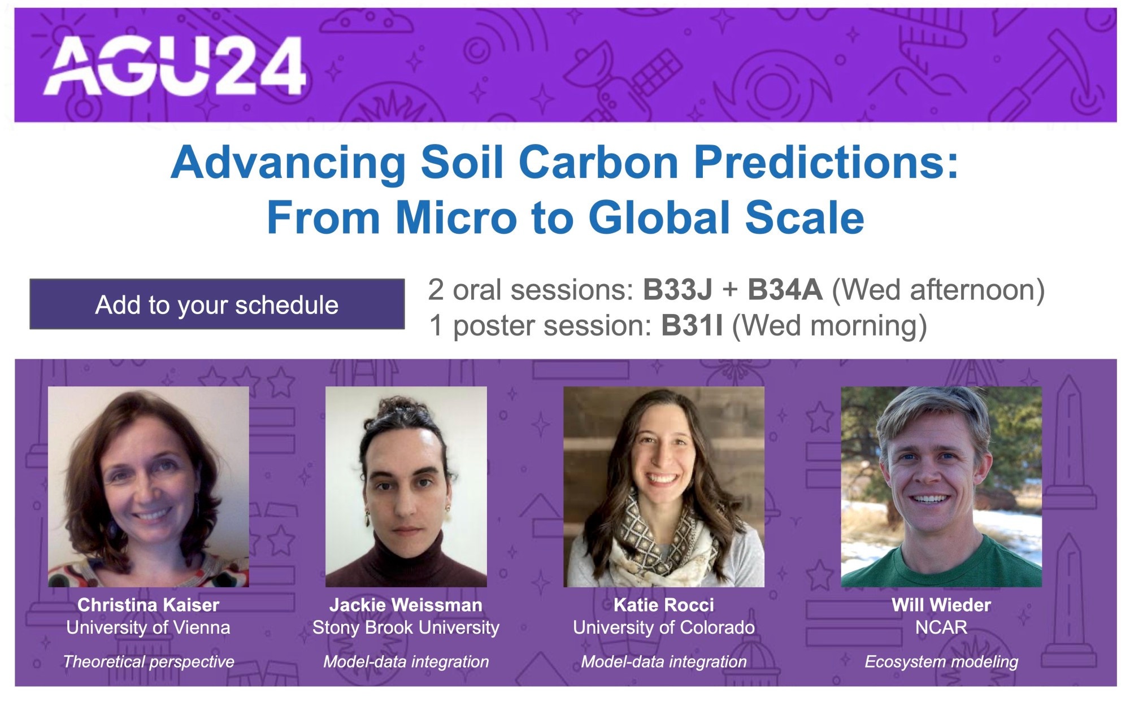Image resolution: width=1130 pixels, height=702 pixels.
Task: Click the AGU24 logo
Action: [x=175, y=66]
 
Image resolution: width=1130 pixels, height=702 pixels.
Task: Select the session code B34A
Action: [x=785, y=290]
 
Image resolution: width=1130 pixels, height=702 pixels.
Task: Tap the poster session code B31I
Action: [x=692, y=326]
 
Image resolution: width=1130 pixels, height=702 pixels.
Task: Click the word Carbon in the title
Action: [x=598, y=163]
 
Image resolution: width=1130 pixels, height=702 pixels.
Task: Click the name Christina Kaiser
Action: [x=148, y=605]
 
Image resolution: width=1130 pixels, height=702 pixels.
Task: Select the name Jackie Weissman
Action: [x=406, y=605]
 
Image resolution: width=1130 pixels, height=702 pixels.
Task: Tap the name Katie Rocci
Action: [x=664, y=605]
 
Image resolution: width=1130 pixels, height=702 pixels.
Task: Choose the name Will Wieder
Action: [x=941, y=605]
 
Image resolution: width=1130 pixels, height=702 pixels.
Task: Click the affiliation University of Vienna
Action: [x=148, y=627]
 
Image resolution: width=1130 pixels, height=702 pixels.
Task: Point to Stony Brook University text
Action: [x=406, y=627]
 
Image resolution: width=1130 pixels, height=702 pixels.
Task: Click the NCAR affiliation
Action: [x=941, y=627]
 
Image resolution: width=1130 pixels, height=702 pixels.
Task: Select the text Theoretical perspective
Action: [x=148, y=661]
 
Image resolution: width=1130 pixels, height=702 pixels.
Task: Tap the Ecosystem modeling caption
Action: [x=941, y=661]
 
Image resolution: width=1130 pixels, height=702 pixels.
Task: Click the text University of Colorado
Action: [x=664, y=627]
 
